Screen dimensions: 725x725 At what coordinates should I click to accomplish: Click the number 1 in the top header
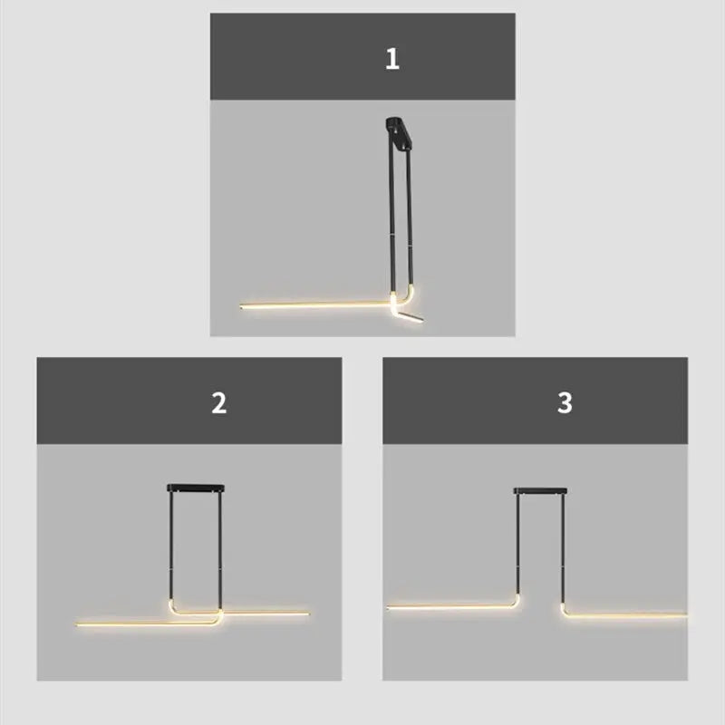point(391,60)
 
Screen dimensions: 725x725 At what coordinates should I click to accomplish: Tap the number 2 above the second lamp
point(218,403)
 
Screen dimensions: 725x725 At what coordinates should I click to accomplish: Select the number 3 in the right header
point(565,403)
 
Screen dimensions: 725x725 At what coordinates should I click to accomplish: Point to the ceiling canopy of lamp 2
point(195,488)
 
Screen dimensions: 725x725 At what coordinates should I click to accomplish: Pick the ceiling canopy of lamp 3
point(541,490)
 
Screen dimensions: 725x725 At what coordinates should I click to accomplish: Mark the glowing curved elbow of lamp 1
point(399,297)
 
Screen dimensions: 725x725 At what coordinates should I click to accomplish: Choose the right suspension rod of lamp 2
point(220,544)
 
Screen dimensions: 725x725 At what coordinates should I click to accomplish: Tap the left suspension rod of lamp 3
point(518,544)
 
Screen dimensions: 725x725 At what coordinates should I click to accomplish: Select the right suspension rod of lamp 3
point(563,544)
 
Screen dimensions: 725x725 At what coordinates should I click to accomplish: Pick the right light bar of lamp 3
point(625,614)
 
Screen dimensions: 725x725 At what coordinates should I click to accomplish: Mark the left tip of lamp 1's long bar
point(243,306)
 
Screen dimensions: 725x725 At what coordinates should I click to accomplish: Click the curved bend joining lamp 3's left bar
point(515,601)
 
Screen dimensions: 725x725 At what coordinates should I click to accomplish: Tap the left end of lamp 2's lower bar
point(79,623)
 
